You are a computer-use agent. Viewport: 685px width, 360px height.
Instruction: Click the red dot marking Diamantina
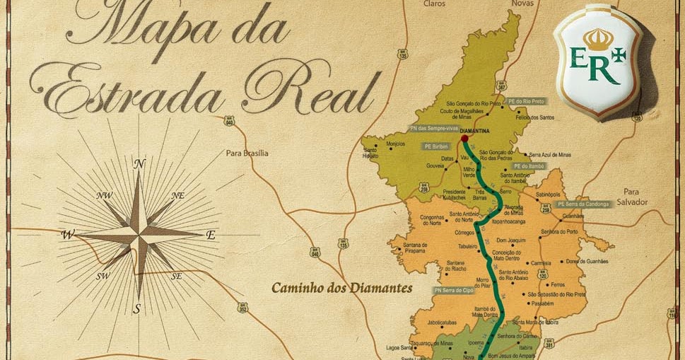click(464, 139)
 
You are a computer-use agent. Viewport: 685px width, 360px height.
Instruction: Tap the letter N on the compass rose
click(139, 164)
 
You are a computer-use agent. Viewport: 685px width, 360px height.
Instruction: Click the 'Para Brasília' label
click(247, 152)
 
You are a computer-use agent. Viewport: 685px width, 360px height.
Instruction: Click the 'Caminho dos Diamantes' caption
click(342, 289)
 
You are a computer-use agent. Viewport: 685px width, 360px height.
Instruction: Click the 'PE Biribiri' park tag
click(437, 146)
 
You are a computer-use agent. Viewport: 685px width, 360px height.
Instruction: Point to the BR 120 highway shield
click(544, 276)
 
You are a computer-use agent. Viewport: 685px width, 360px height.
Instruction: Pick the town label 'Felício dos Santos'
click(533, 117)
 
